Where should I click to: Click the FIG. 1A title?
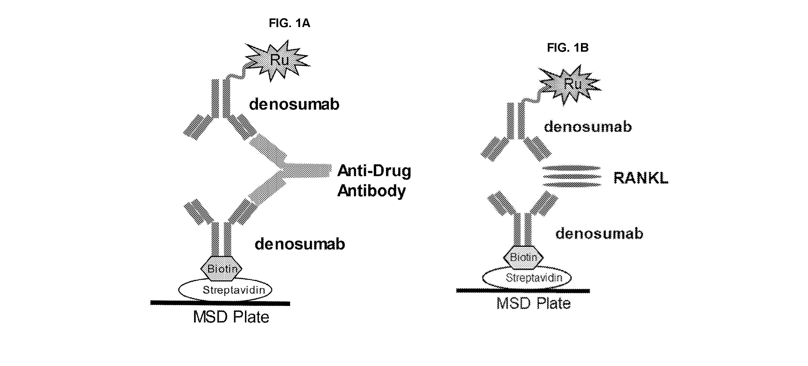pyautogui.click(x=289, y=23)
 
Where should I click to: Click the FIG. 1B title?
pyautogui.click(x=568, y=48)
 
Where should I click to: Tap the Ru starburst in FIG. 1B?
pyautogui.click(x=570, y=85)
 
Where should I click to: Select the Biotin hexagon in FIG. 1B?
pyautogui.click(x=523, y=258)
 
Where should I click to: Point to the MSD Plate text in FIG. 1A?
pyautogui.click(x=231, y=317)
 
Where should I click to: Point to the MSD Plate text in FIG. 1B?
pyautogui.click(x=534, y=303)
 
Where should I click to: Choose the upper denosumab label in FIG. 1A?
pyautogui.click(x=294, y=104)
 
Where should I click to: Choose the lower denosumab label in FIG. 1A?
pyautogui.click(x=300, y=244)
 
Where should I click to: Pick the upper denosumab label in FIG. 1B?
pyautogui.click(x=588, y=127)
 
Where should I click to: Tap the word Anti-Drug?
pyautogui.click(x=374, y=171)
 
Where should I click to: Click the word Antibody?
pyautogui.click(x=372, y=191)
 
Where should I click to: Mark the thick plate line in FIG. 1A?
pyautogui.click(x=220, y=303)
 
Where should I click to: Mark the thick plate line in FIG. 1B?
pyautogui.click(x=523, y=291)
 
